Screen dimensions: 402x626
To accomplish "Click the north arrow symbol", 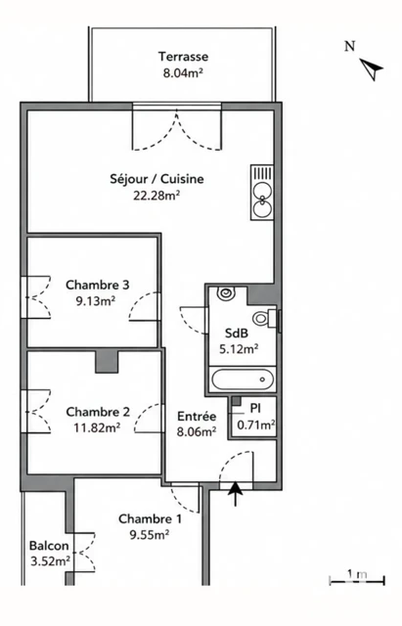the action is coord(373,69).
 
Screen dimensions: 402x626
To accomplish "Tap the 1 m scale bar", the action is coord(357,580).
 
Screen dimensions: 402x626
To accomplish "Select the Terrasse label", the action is coord(183,57).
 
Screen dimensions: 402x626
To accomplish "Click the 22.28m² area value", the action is coord(156,196).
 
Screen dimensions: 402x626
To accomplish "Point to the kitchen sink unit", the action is coord(262,192).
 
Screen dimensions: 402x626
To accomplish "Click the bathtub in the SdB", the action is coord(243,380).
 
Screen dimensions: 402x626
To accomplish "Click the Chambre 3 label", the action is coord(98,285).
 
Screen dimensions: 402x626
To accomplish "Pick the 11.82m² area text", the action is coord(97,428).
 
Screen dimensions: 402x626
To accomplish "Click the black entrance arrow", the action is coord(235,494).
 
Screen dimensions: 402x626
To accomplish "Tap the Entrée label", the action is coord(197,417).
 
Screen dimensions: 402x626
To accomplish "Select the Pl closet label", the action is coord(255,408).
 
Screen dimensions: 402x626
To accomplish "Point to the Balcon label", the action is coord(49,546).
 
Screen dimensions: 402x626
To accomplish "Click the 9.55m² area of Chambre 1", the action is coord(150,535).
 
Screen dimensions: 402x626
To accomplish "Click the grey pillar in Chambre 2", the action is coord(107,362).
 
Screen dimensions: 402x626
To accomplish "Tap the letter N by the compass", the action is coord(350,46).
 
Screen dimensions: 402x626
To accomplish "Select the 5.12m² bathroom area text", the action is coord(239,349).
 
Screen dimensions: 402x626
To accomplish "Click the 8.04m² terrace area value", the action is coord(183,73).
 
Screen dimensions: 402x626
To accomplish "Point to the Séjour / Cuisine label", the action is coord(156,179).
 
